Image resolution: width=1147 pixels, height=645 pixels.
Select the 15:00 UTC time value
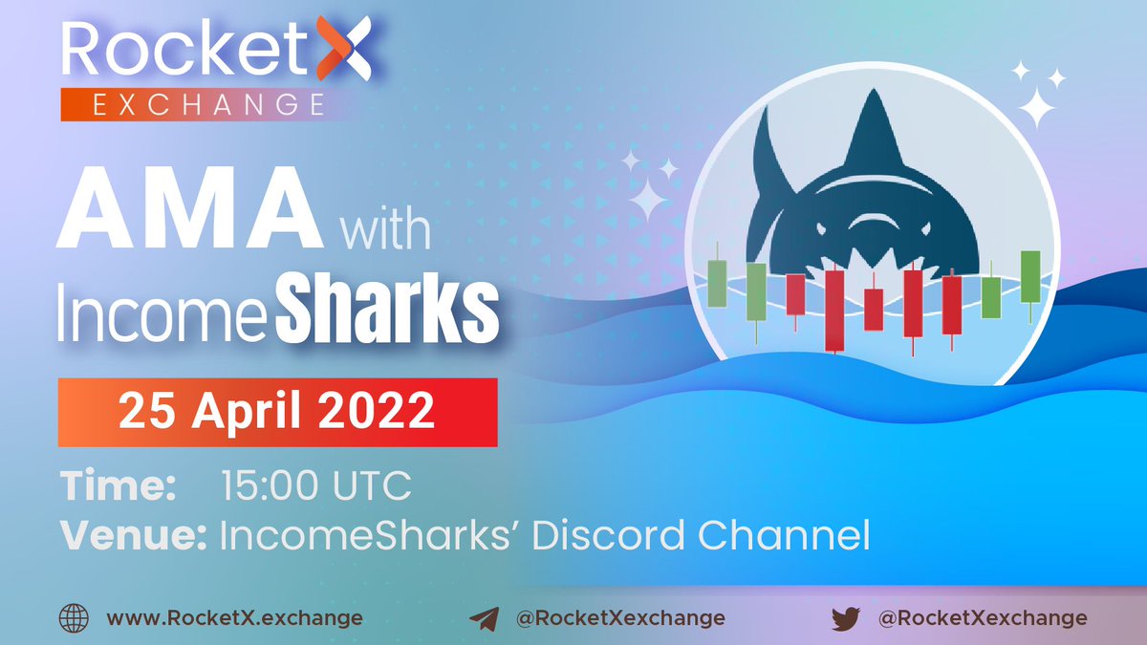[x=315, y=486]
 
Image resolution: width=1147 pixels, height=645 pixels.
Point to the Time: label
[x=119, y=486]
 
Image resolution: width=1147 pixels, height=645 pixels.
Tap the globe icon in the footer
[x=74, y=617]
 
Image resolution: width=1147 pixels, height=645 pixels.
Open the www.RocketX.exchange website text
[x=234, y=617]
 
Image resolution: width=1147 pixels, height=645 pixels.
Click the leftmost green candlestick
[x=717, y=283]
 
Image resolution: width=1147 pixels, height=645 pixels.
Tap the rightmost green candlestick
[x=1029, y=277]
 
